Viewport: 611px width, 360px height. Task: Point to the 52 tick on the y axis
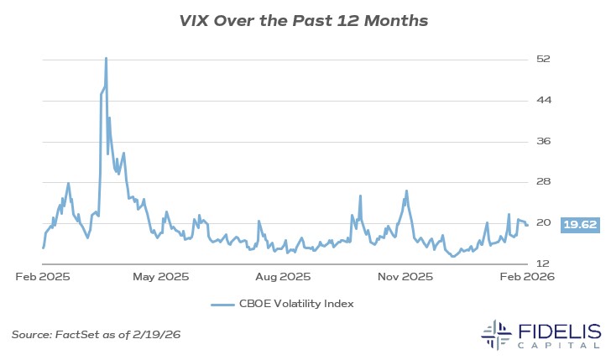(543, 59)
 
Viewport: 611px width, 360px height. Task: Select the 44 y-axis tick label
(543, 100)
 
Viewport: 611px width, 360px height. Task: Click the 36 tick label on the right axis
(543, 141)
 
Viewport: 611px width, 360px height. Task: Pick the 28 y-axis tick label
(543, 182)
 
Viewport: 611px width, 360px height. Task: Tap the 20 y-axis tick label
(543, 223)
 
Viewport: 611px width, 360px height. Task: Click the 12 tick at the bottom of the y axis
(543, 264)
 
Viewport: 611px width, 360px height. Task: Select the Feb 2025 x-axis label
(41, 276)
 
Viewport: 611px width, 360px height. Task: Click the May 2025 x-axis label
(161, 276)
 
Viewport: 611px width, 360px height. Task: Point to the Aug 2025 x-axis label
(284, 276)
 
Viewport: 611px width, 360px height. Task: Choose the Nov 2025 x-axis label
(405, 276)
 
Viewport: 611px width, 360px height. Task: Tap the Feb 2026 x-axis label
(525, 276)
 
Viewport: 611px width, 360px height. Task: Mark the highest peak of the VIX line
(106, 58)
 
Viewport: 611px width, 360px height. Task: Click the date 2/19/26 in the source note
(159, 335)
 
